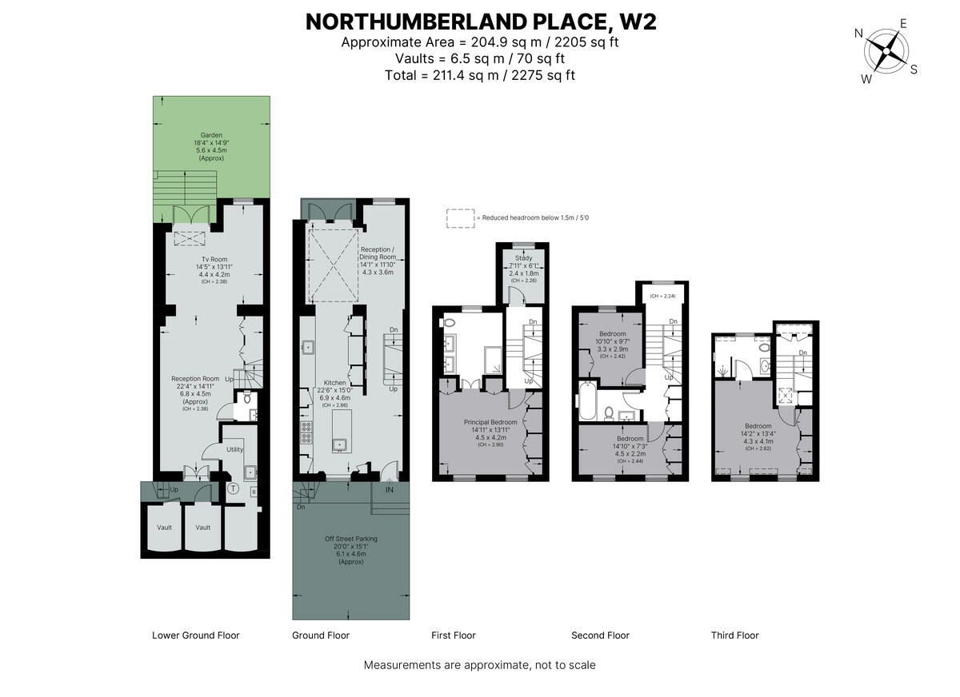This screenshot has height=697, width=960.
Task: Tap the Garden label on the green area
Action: pyautogui.click(x=212, y=135)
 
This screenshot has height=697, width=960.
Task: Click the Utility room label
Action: pyautogui.click(x=234, y=450)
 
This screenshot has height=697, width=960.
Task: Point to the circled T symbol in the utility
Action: pyautogui.click(x=234, y=488)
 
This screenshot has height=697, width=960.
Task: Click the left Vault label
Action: pyautogui.click(x=164, y=528)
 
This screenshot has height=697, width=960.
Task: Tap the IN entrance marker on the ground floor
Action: pyautogui.click(x=390, y=490)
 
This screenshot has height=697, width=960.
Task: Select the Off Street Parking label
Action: pyautogui.click(x=350, y=539)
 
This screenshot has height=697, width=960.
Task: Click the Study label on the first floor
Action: pyautogui.click(x=524, y=258)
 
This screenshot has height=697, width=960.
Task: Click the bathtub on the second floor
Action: pyautogui.click(x=585, y=402)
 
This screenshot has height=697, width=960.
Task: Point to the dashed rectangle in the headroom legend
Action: pyautogui.click(x=460, y=218)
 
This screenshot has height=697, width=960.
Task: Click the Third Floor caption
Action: pyautogui.click(x=734, y=635)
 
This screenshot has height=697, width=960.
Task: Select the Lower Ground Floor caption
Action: pyautogui.click(x=195, y=635)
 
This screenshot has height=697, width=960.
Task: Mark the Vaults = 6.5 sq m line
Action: pyautogui.click(x=480, y=58)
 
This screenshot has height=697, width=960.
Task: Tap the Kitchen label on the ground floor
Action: pyautogui.click(x=335, y=383)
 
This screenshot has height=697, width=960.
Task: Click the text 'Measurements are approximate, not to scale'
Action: pyautogui.click(x=479, y=665)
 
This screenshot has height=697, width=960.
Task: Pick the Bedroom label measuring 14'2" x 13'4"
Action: pyautogui.click(x=758, y=426)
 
